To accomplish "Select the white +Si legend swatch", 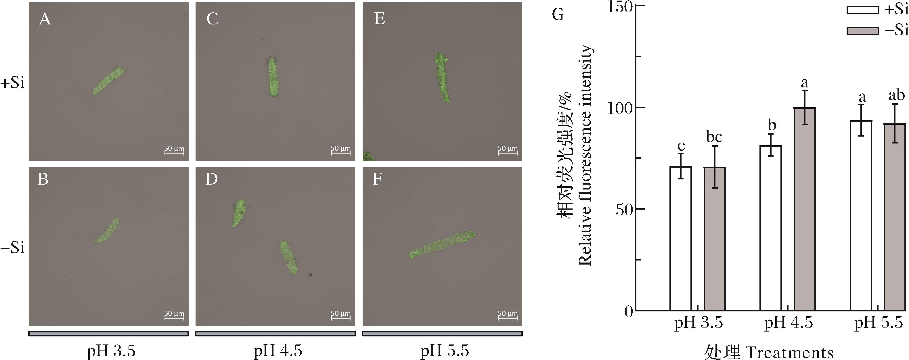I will coord(862,10).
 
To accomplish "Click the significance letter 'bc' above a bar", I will coord(714,137).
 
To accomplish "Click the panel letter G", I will coord(557,15).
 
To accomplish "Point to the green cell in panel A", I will coord(109,81).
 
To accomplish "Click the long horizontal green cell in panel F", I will coord(442,244).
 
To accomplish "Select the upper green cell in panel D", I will coord(239,212).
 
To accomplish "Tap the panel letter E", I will coord(379,18).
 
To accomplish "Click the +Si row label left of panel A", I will coord(13,84).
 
